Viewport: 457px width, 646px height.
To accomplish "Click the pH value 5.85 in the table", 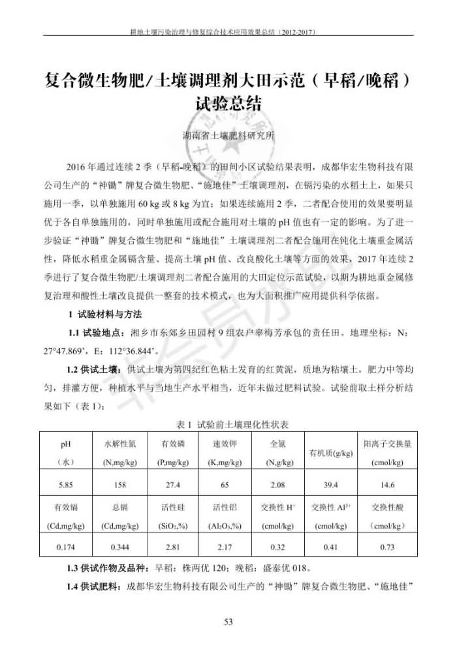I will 66,485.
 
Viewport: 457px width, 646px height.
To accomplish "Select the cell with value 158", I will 119,485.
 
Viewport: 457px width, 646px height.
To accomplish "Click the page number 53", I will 228,622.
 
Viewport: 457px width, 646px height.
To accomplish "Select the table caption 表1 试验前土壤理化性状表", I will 228,425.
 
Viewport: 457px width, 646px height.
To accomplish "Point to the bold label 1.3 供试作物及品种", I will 108,566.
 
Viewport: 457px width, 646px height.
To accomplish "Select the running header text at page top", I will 228,31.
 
